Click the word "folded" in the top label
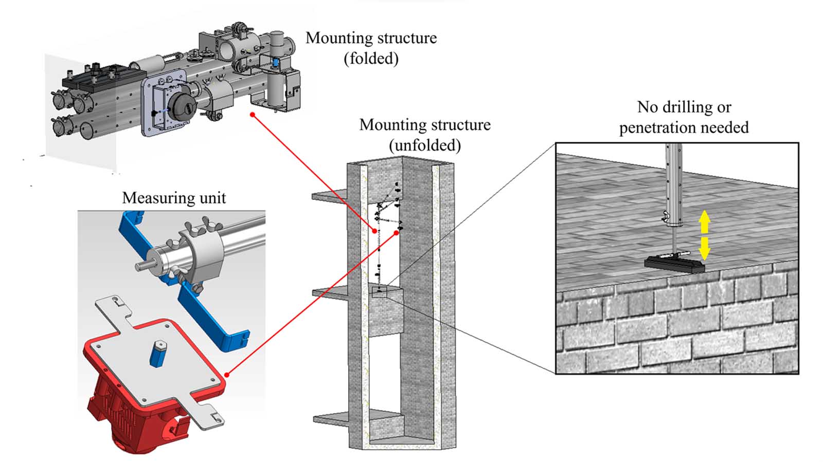click(371, 59)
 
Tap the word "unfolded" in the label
click(425, 145)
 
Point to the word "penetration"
click(657, 127)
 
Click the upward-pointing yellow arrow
click(704, 221)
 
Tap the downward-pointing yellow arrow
click(704, 248)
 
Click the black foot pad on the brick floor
click(674, 264)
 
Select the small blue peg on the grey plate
click(158, 354)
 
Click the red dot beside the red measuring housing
click(227, 375)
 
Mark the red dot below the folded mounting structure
click(253, 115)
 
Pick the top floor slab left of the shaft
click(330, 194)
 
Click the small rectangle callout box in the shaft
click(379, 292)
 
